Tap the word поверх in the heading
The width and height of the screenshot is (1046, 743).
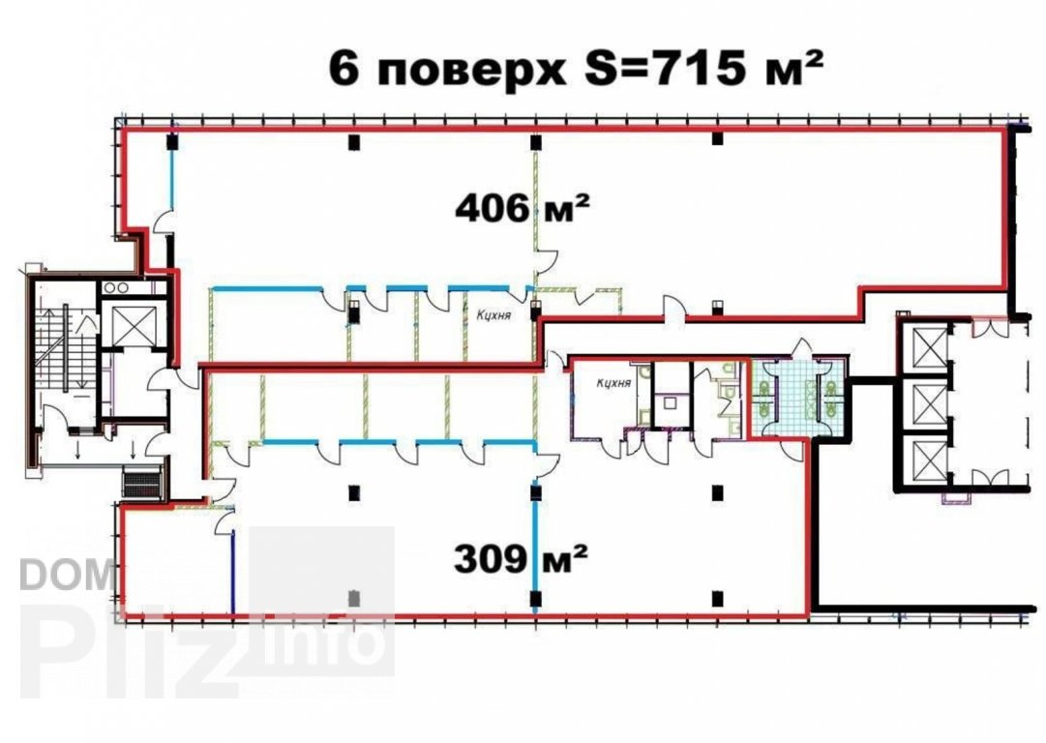(471, 72)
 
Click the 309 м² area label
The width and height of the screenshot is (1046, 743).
(521, 558)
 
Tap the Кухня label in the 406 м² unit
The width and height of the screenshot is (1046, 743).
(493, 315)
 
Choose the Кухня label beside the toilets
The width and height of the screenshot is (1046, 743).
(613, 383)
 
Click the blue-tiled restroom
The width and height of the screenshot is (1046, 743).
(798, 398)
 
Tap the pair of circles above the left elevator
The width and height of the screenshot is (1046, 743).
(116, 287)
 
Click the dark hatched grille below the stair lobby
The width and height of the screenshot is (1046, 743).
(142, 482)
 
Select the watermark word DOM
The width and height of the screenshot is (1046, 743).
(67, 575)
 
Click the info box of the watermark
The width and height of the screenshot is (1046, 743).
(322, 601)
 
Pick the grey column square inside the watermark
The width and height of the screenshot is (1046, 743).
(354, 598)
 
